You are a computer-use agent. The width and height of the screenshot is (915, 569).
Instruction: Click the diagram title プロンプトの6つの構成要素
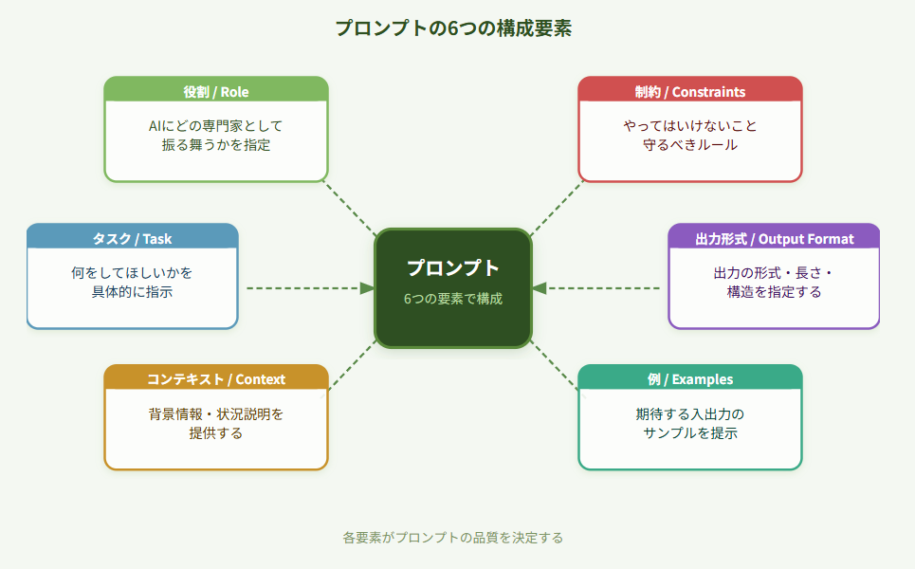pos(453,28)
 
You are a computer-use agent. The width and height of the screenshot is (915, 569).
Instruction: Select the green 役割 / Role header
pos(216,92)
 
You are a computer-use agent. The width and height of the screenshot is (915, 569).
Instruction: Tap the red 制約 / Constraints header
pos(690,92)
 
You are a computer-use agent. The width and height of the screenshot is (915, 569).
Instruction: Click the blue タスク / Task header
pos(132,238)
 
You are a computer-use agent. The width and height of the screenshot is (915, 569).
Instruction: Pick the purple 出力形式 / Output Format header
pos(774,238)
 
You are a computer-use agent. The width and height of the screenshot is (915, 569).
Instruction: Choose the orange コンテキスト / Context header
pos(216,379)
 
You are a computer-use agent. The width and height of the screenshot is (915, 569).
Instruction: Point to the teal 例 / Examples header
pos(690,379)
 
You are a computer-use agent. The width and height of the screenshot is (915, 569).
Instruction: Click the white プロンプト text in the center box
pos(453,268)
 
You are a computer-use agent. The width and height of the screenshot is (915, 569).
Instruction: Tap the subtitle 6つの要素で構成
pos(453,299)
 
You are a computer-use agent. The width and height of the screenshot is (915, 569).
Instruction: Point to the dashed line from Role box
pos(351,208)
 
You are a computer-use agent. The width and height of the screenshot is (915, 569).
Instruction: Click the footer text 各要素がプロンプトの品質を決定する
pos(453,538)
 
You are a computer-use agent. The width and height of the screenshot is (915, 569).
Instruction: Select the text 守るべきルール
pos(690,145)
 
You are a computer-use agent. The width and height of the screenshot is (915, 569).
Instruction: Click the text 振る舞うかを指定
pos(216,145)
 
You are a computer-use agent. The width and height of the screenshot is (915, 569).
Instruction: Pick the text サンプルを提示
pos(690,433)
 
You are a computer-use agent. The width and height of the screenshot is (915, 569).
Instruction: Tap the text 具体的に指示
pos(132,292)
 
